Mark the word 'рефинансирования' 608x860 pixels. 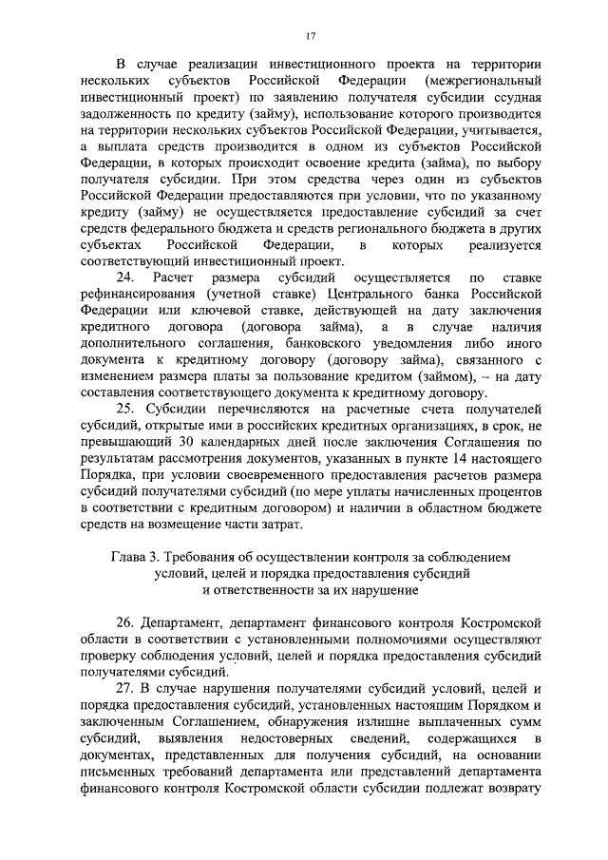click(x=140, y=294)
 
